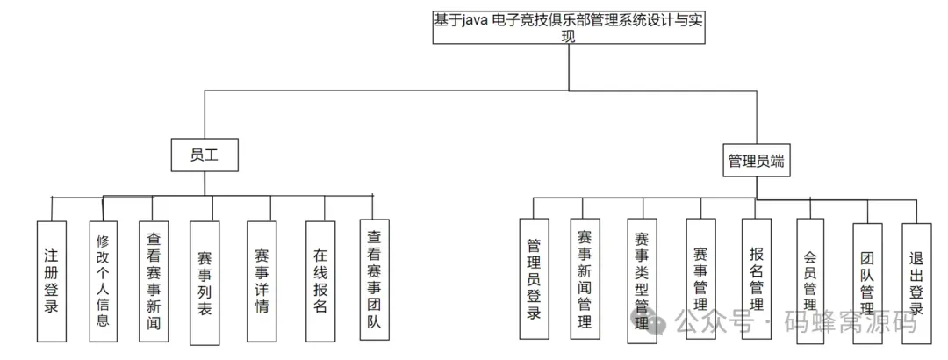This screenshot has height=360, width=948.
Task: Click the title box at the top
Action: coord(568,26)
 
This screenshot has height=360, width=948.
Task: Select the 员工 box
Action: coord(205,155)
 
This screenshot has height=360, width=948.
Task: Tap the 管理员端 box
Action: coord(756,161)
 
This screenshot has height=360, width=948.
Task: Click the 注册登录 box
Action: coord(52,280)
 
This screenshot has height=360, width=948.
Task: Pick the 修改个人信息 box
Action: coord(103,280)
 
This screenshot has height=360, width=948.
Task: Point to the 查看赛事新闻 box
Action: coord(154,280)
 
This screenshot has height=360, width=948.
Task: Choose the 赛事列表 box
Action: coord(205,282)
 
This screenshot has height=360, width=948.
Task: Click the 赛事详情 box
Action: coord(262,280)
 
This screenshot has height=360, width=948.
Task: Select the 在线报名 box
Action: coord(320,280)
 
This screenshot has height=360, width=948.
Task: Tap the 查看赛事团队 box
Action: coord(375,280)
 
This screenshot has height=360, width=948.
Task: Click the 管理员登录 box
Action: coord(534,279)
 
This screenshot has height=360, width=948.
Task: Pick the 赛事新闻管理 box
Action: coord(585,279)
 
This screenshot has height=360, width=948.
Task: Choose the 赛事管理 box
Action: coord(700,279)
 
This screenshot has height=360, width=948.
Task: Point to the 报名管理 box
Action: coord(756,279)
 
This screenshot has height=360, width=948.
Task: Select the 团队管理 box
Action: coord(867,279)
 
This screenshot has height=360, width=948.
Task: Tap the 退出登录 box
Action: coord(916,279)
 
